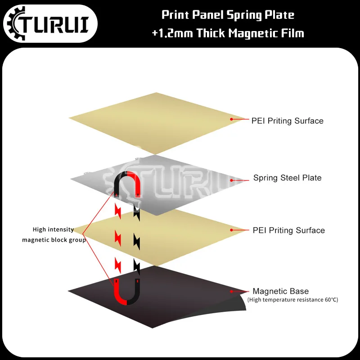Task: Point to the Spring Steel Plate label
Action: tap(287, 178)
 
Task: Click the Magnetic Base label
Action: tap(280, 291)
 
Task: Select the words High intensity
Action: tap(53, 229)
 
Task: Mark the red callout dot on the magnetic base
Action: tap(232, 291)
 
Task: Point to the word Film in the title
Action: tap(292, 33)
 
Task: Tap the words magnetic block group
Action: tap(54, 240)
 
